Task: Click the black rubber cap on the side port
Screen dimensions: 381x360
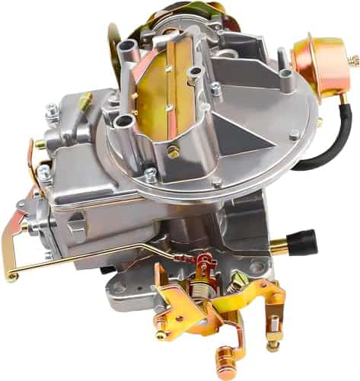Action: click(302, 242)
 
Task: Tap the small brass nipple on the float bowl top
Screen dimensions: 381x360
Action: click(85, 100)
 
